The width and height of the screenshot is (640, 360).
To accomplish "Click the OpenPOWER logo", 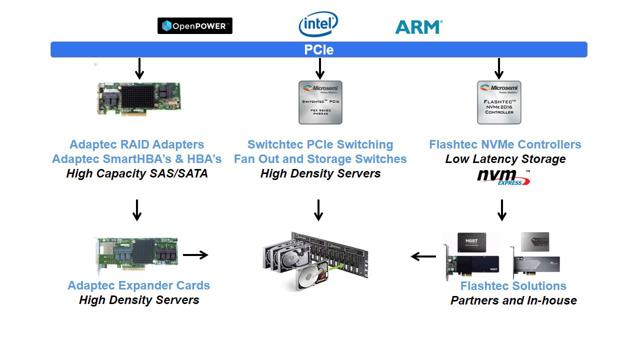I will click(x=194, y=26).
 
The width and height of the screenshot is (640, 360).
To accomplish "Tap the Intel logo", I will click(x=318, y=24).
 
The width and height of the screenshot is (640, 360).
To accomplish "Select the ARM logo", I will click(x=418, y=27).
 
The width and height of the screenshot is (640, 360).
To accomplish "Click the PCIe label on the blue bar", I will click(x=318, y=50).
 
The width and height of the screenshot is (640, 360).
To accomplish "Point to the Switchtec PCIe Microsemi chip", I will click(x=320, y=102).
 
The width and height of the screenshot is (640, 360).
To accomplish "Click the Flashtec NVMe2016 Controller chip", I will click(x=499, y=102).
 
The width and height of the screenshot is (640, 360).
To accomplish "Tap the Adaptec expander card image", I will click(x=136, y=255).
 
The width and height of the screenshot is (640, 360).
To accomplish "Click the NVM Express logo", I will click(x=502, y=176).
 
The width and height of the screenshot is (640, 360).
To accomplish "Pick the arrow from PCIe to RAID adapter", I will click(x=139, y=68).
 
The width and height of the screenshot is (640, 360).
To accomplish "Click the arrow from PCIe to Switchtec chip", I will click(x=320, y=68).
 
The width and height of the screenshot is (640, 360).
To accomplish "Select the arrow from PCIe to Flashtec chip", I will click(x=498, y=68).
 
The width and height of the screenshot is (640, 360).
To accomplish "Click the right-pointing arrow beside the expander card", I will click(x=195, y=255).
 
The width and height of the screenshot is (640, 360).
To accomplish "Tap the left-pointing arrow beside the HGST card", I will click(x=423, y=256).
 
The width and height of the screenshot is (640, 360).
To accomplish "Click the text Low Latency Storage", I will click(x=505, y=159).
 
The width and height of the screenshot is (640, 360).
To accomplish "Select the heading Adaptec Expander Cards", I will click(x=138, y=285).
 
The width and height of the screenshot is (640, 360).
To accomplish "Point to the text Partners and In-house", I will click(x=513, y=300).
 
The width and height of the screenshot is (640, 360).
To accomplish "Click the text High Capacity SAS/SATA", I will click(x=137, y=174).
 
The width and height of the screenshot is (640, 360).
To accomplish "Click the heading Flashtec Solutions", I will click(x=513, y=286).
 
